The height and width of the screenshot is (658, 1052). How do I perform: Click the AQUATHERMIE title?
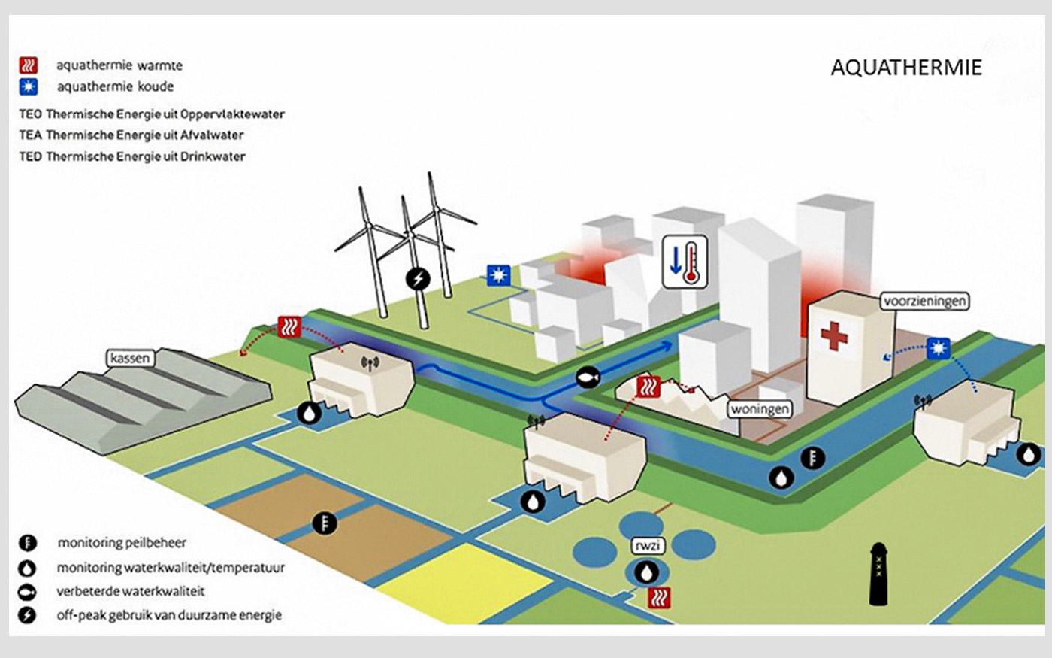tap(906, 68)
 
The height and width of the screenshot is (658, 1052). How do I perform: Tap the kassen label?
tap(130, 359)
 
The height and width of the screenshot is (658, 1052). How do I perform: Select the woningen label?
tap(760, 409)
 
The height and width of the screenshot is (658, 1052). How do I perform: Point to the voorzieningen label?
tap(924, 301)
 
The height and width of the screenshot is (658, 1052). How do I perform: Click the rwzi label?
tap(648, 546)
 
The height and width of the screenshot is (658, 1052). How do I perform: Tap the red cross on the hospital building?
tap(834, 335)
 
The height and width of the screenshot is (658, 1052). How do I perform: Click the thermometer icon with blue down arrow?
tap(685, 262)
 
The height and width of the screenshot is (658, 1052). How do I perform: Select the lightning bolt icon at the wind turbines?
tap(418, 279)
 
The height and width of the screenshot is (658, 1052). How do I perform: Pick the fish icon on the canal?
tap(588, 377)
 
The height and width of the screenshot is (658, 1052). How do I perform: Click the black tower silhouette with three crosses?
tap(878, 574)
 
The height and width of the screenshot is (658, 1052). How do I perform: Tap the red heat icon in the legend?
tap(29, 65)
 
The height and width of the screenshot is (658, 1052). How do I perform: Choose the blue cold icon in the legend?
tap(29, 87)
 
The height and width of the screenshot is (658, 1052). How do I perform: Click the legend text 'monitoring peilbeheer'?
tap(122, 543)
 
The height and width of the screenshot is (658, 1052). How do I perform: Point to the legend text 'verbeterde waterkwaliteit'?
tap(131, 591)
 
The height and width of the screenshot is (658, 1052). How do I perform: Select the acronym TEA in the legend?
tap(31, 135)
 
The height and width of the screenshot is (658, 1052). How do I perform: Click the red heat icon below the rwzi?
tap(659, 598)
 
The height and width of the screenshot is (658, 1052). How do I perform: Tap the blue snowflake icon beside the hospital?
tap(939, 349)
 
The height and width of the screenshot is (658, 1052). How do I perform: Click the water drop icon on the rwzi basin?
tap(646, 572)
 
